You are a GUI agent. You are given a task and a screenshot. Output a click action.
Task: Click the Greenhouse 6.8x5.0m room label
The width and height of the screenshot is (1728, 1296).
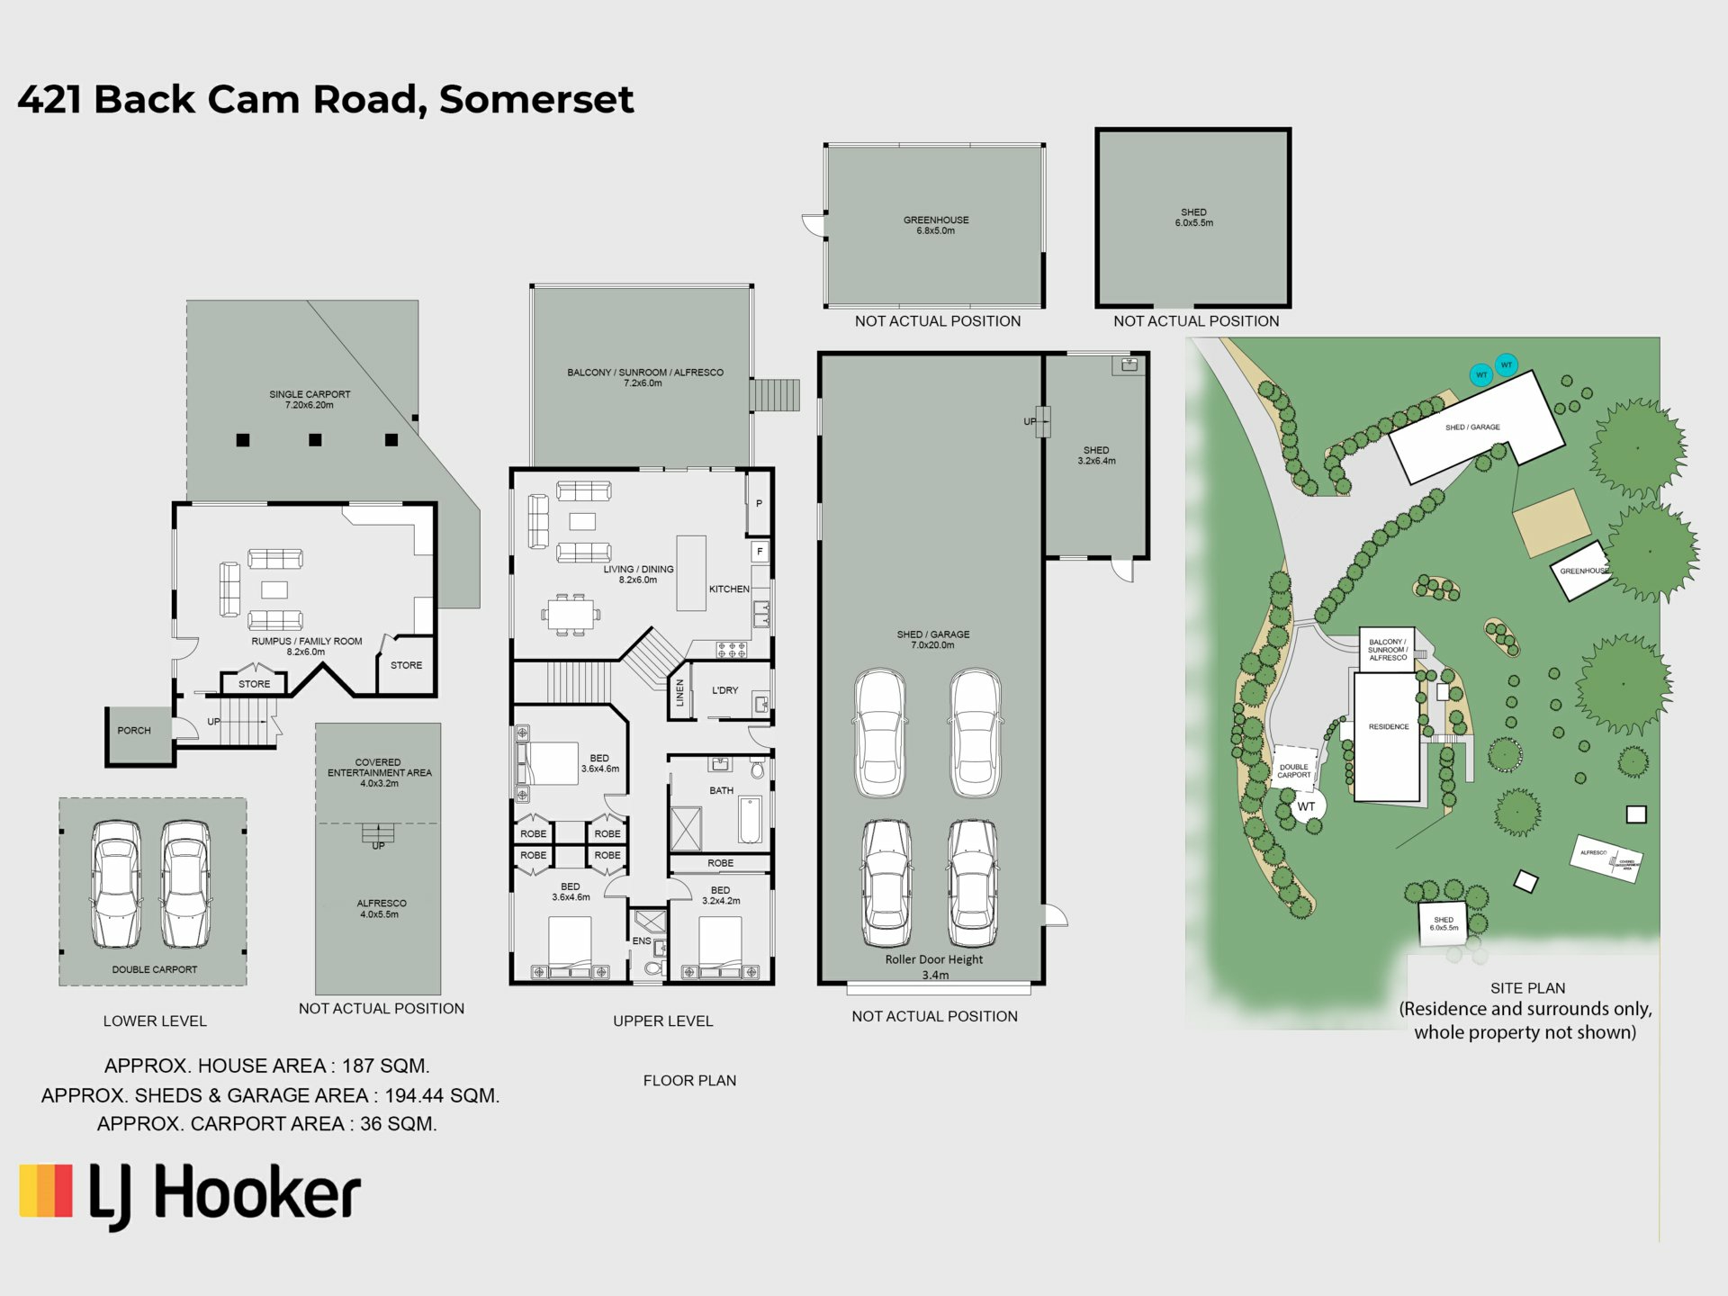tap(936, 225)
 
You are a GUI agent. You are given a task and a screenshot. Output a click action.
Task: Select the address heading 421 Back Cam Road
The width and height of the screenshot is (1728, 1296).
tap(325, 99)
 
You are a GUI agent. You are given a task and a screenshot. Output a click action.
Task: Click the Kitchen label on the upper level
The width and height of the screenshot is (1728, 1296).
tap(729, 589)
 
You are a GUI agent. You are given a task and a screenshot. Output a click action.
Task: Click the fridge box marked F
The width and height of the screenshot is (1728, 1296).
tap(760, 552)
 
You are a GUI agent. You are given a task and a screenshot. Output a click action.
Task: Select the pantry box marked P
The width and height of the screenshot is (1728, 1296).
tap(759, 504)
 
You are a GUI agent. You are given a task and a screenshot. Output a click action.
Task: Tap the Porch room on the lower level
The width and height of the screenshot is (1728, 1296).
tap(135, 732)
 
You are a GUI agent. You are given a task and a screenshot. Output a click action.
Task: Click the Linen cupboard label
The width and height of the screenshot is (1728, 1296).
tap(680, 692)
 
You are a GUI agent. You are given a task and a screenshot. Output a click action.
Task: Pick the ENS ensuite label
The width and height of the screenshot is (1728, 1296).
tap(641, 940)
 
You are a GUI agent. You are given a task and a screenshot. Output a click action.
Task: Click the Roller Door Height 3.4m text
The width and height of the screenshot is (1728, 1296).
tap(934, 967)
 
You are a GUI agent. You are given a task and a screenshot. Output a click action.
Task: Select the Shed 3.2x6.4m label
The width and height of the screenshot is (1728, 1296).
tap(1096, 455)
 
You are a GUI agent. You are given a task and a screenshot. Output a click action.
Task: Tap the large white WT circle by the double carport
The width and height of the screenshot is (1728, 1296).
tap(1306, 806)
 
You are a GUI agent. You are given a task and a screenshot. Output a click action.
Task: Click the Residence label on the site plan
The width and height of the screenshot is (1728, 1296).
tap(1389, 726)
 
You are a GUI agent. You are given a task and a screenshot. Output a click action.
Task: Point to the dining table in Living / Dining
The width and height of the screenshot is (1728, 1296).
tap(571, 616)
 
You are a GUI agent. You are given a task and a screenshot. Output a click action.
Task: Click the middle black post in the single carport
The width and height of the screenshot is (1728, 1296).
tap(315, 440)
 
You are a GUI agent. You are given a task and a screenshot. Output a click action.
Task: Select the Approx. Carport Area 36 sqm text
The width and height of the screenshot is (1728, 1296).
tap(266, 1124)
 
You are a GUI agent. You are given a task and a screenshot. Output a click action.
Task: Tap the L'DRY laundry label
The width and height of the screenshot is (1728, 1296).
tap(724, 690)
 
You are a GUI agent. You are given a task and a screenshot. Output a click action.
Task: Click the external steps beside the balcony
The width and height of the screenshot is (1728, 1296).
tap(775, 395)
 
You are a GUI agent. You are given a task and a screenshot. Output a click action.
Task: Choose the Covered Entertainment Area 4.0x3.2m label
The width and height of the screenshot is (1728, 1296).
tap(379, 772)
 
